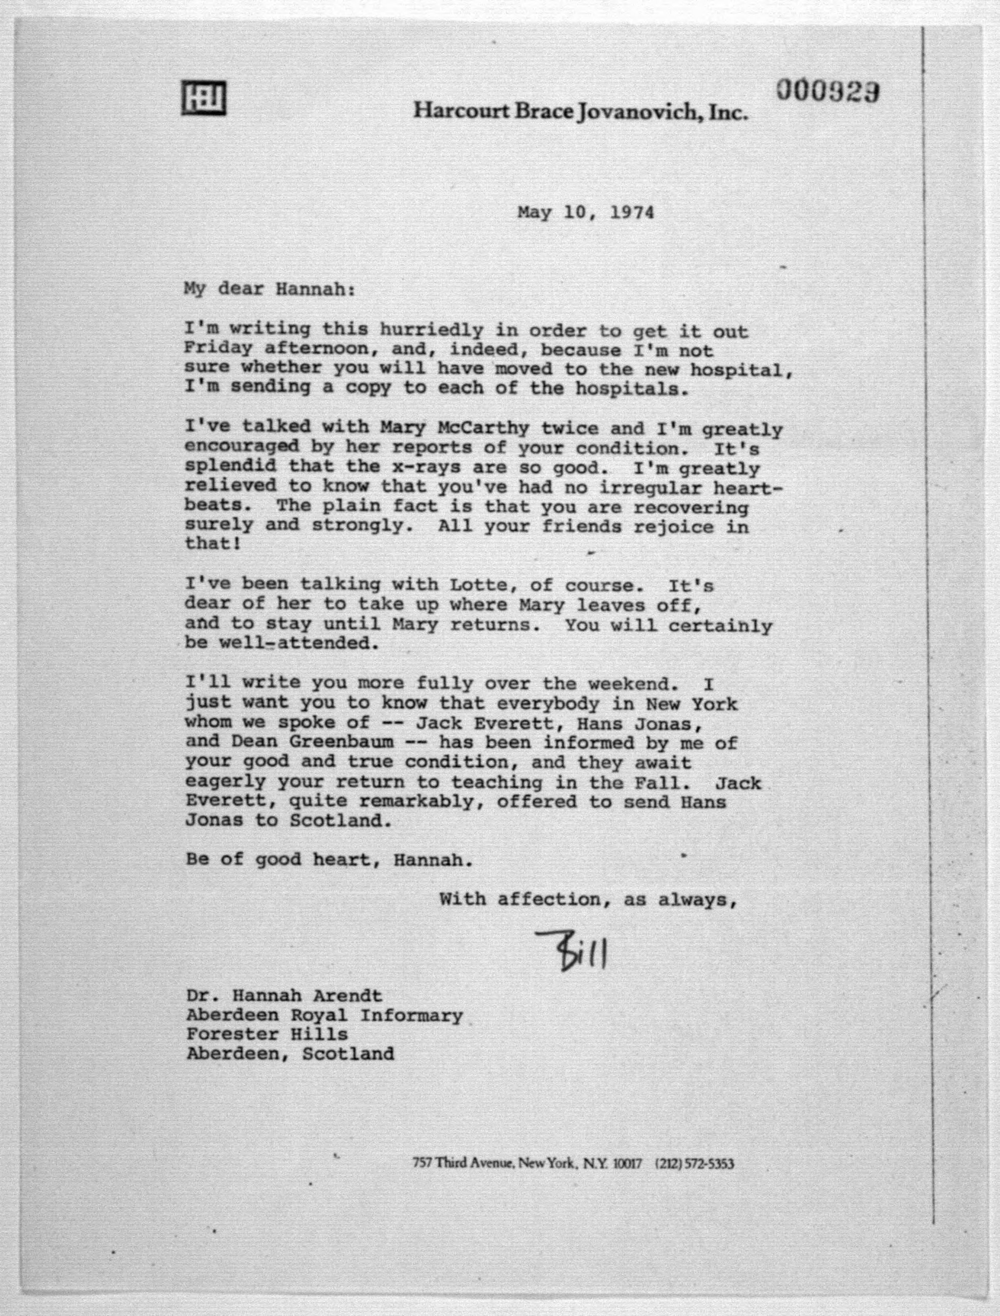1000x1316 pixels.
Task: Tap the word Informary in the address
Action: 411,1015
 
